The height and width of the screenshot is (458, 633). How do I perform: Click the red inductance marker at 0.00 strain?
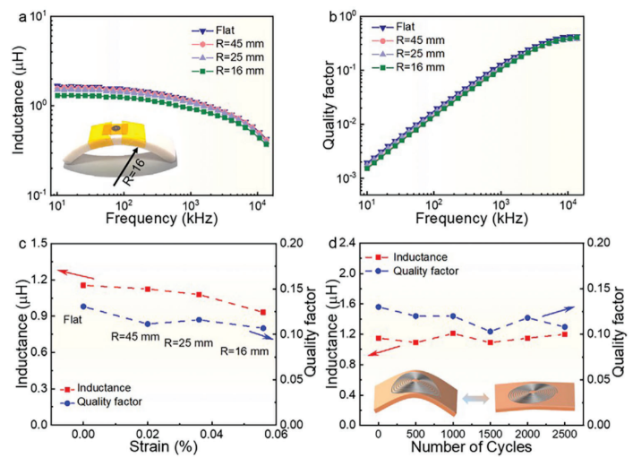pos(83,285)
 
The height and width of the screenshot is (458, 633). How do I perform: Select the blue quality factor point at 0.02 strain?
pos(145,324)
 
